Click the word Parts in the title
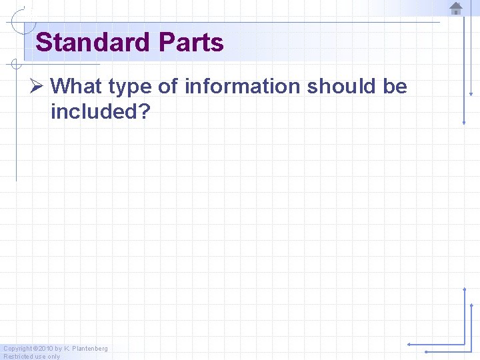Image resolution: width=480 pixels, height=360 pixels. pos(191,43)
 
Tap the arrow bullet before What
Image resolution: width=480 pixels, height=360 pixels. pos(39,87)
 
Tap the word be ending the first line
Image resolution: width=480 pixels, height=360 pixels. pos(395,87)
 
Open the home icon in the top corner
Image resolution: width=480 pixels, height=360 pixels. pos(456,9)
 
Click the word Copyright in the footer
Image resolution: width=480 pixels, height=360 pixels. pos(17,349)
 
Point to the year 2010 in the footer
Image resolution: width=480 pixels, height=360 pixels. pos(44,349)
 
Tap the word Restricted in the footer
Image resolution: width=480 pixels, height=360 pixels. pos(17,357)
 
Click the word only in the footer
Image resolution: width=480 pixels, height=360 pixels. pos(53,357)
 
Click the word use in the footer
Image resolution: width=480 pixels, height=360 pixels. pos(39,357)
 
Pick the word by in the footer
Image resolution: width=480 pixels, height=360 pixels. pos(59,349)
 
